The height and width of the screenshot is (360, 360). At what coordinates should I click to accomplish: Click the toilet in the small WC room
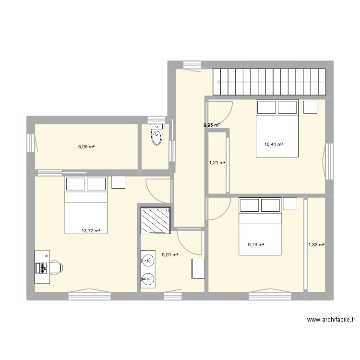[x=157, y=135]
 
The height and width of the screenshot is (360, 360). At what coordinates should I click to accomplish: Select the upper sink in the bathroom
[x=148, y=261]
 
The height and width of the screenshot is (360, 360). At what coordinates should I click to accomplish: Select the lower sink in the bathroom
[x=148, y=278]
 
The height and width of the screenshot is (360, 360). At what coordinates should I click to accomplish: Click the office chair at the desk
[x=55, y=266]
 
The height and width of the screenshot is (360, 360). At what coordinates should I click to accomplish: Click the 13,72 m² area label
[x=91, y=230]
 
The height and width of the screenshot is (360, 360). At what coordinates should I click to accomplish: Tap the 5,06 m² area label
[x=86, y=147]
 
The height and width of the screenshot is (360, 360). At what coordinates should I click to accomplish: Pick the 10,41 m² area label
[x=274, y=144]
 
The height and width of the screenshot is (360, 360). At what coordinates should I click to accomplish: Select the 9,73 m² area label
[x=256, y=244]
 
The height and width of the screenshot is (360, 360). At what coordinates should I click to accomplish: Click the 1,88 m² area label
[x=316, y=244]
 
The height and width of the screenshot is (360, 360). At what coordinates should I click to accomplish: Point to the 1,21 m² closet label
[x=217, y=163]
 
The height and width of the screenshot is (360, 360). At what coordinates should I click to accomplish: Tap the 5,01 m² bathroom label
[x=170, y=255]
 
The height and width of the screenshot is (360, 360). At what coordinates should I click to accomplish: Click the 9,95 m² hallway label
[x=212, y=125]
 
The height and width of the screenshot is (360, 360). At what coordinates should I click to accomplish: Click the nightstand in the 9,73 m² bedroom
[x=290, y=204]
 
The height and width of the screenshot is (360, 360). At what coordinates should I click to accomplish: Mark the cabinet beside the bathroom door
[x=198, y=269]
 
